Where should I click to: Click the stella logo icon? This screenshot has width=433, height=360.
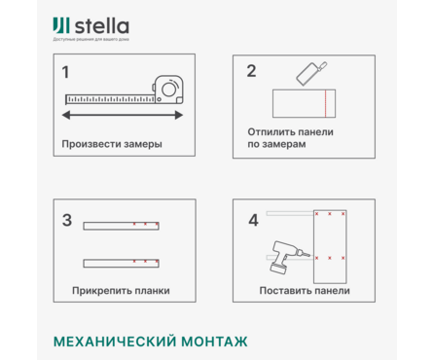(x=61, y=25)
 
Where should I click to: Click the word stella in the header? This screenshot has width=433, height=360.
(x=101, y=25)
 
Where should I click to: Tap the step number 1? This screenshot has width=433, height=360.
(x=65, y=72)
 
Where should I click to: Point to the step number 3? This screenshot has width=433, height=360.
(x=66, y=220)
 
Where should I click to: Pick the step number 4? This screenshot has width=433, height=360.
(x=253, y=220)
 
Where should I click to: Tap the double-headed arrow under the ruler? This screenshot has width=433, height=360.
(x=123, y=115)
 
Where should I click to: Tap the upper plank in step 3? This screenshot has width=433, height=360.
(x=121, y=226)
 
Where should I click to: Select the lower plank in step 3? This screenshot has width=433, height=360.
(x=121, y=262)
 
